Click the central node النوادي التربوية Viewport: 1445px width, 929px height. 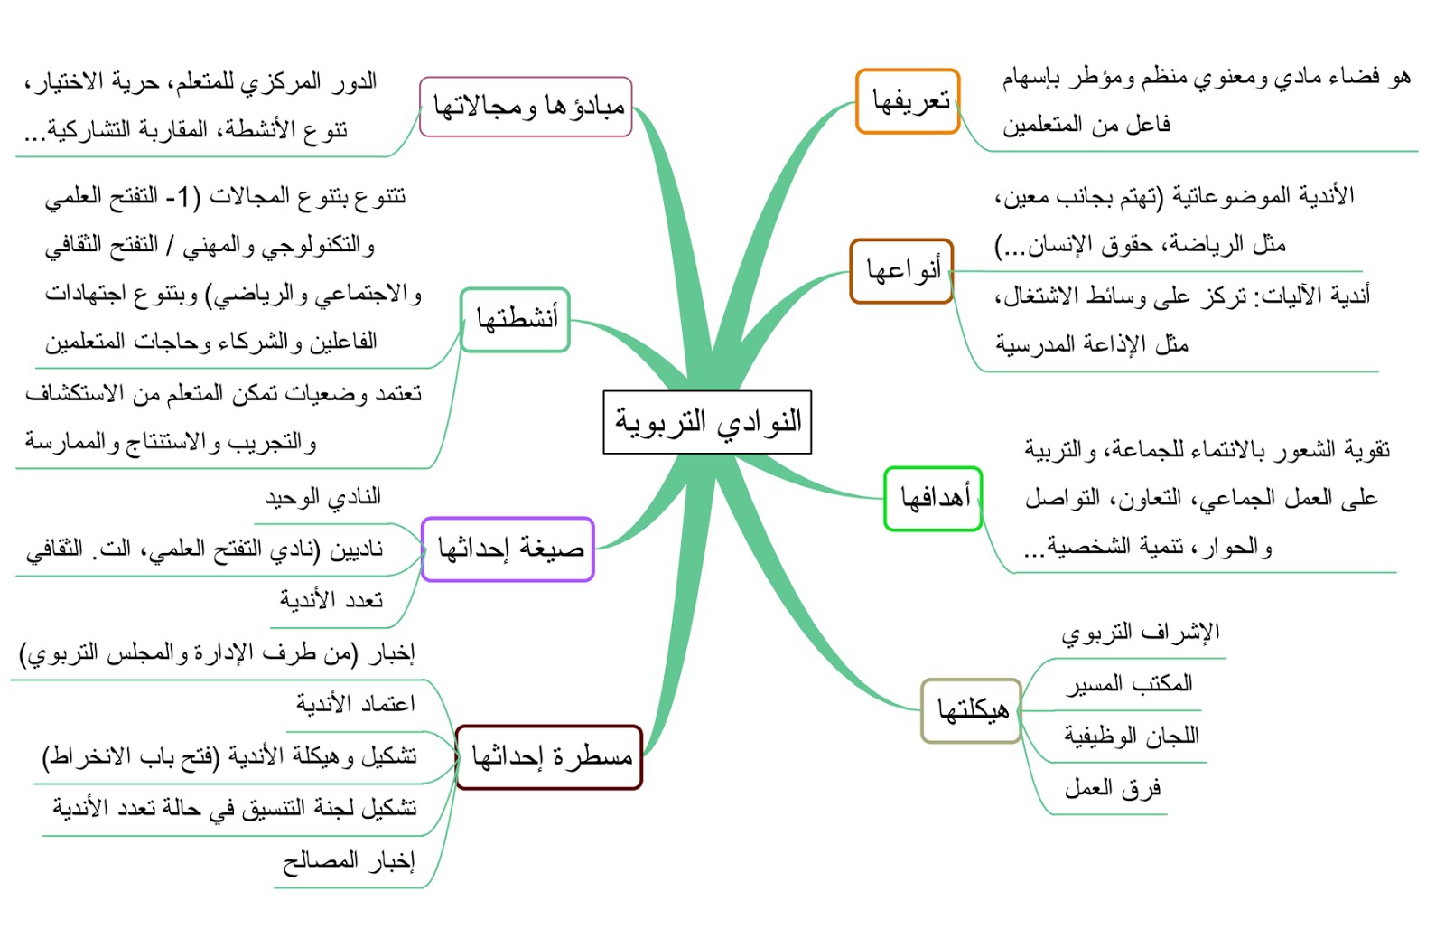[707, 422]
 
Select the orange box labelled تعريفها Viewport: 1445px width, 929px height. [908, 101]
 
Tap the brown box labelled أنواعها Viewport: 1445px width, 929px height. [901, 270]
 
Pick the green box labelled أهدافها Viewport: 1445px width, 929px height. [933, 498]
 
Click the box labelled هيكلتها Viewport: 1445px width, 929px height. [971, 710]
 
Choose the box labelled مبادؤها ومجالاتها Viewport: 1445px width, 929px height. [526, 107]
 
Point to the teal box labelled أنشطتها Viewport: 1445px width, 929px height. [515, 319]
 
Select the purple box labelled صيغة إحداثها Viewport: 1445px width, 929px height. [508, 549]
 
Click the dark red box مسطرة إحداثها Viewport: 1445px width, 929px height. [549, 757]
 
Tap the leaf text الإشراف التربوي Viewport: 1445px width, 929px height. [1140, 633]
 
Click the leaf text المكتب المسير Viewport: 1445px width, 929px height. [1129, 684]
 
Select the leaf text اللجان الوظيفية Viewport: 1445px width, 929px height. [1132, 737]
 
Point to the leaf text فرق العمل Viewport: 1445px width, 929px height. [1112, 789]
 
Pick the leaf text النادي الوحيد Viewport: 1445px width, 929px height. [322, 497]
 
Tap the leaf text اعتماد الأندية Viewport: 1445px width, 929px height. [356, 703]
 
